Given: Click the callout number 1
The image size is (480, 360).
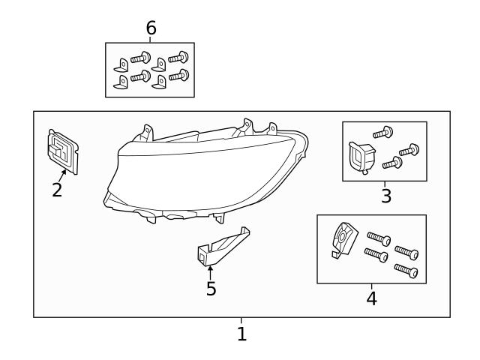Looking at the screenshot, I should coord(241,334).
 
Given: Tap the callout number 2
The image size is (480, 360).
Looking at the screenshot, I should coord(57,190).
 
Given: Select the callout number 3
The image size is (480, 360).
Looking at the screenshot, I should coord(385,196).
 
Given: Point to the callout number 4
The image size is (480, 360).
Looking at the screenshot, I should coord(371,298).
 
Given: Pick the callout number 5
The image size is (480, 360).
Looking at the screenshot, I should coord(211,288).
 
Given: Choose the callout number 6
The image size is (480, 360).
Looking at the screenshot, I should coord(151,28).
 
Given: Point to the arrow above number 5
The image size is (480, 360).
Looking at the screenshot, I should coord(211,271).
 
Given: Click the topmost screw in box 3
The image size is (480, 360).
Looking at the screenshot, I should coord(383,133).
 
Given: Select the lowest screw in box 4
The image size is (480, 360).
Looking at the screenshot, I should coord(405,269).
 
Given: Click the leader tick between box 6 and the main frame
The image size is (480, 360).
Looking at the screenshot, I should coord(151,39).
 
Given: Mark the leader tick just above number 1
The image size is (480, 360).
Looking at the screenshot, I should coord(241,321).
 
